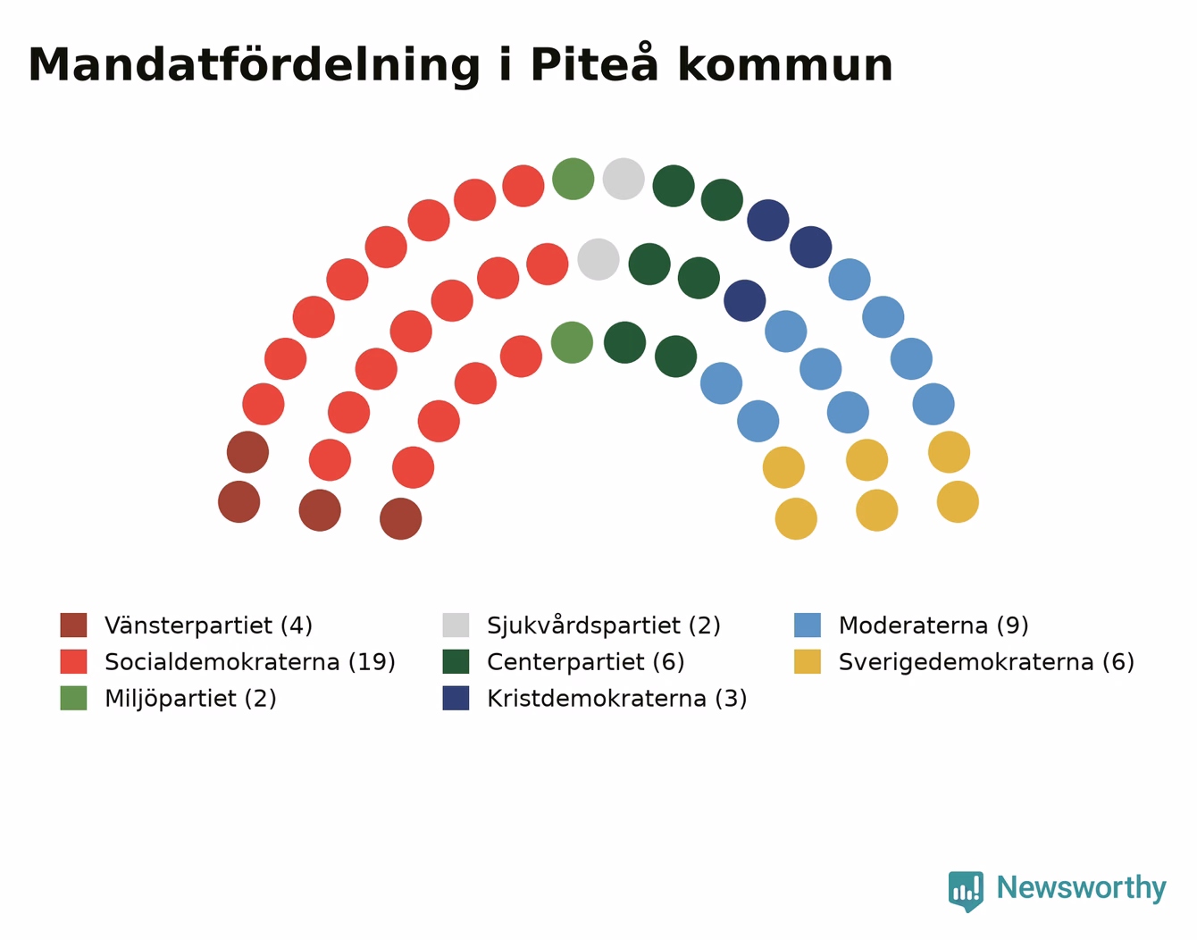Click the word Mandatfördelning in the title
pos(254,66)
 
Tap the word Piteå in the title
pos(594,63)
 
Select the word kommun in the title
pos(785,64)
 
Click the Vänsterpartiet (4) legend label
pos(208,625)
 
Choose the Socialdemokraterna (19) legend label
pos(250,661)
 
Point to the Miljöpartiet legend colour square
pos(73,698)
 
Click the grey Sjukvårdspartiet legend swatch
pos(456,625)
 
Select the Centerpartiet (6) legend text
pos(586,661)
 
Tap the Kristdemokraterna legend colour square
pos(456,698)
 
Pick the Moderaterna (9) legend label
pos(933,625)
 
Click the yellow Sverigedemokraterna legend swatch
pos(807,661)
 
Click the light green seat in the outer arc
pos(573,179)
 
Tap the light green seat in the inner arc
pos(572,342)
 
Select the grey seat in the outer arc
pos(624,179)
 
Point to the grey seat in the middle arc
pos(598,259)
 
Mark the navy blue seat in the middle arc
pos(745,300)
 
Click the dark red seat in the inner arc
pos(400,518)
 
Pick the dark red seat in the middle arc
pos(320,510)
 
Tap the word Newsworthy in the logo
pos(1082,887)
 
